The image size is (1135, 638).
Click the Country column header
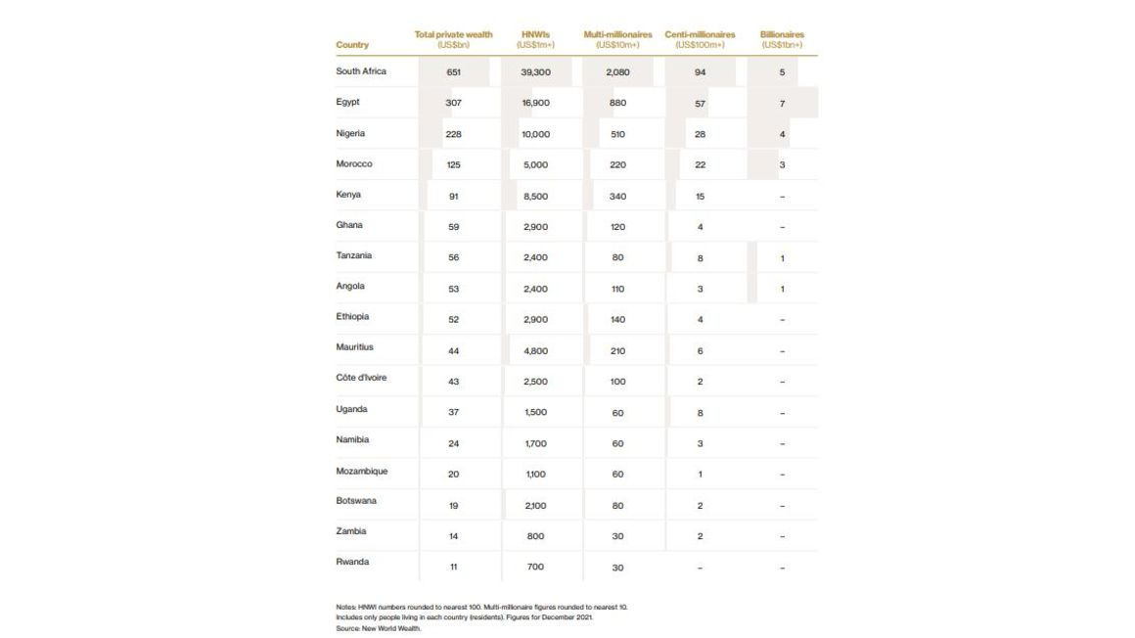click(x=352, y=45)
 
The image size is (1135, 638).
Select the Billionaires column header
click(x=782, y=39)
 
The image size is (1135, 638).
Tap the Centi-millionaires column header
click(x=700, y=39)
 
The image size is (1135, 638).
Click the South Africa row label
click(x=361, y=71)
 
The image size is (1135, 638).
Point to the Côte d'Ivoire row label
click(x=361, y=378)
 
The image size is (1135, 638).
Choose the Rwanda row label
click(x=352, y=562)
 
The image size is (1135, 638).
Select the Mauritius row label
click(x=354, y=347)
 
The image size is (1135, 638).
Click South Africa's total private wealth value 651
click(x=453, y=72)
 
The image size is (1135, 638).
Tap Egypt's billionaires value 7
click(x=783, y=103)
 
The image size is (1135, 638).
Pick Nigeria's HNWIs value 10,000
click(x=535, y=134)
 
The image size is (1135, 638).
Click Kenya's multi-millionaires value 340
click(x=617, y=196)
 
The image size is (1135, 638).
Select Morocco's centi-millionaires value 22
click(x=700, y=164)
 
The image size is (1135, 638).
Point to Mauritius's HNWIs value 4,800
click(x=535, y=350)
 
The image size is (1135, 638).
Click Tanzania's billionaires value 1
click(x=783, y=258)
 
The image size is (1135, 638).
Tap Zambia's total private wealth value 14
click(x=453, y=536)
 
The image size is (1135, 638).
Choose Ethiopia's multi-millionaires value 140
click(x=617, y=320)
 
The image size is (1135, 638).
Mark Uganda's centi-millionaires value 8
click(x=700, y=413)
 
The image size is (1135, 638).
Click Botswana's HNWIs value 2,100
click(x=535, y=506)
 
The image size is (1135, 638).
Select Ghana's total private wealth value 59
click(x=453, y=227)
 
